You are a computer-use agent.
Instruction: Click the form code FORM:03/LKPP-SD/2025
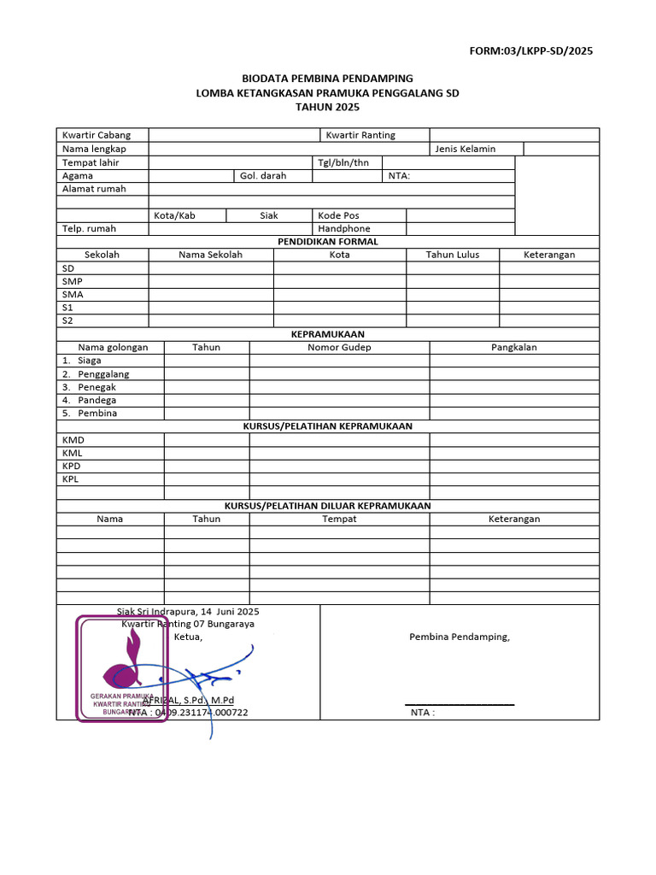pos(530,50)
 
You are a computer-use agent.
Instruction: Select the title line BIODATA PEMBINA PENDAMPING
pos(328,79)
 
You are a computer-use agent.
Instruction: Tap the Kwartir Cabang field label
pos(91,135)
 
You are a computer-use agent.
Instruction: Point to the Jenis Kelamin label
pos(465,149)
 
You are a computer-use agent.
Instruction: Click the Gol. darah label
pos(263,176)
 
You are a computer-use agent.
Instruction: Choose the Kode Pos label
pos(338,215)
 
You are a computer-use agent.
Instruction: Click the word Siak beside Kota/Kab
pos(269,215)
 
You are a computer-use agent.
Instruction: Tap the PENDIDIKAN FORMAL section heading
pos(328,242)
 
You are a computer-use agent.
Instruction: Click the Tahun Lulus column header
pos(453,255)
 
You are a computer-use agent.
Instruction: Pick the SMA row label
pos(73,295)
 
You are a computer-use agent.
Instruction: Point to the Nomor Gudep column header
pos(339,348)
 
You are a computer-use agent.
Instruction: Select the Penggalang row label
pos(103,374)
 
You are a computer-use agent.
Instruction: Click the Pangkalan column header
pos(513,348)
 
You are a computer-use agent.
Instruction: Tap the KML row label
pos(73,453)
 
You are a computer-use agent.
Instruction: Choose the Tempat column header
pos(339,519)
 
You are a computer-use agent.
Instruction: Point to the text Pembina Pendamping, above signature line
pos(459,637)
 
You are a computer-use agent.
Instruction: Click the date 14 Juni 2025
pos(230,612)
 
